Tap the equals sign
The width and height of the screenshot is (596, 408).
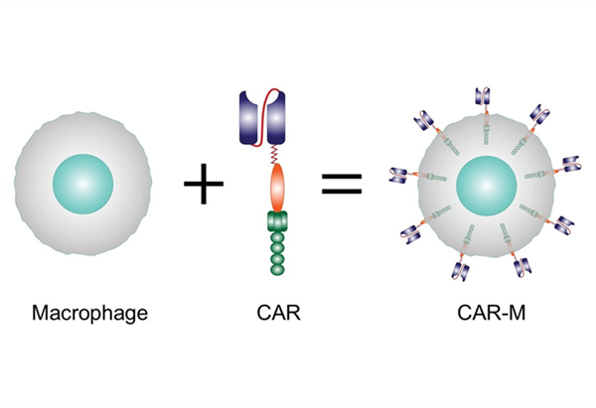tap(340, 185)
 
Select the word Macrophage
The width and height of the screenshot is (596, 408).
tap(89, 315)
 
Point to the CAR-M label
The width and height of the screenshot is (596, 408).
tap(486, 315)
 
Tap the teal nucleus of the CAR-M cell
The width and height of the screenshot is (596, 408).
tap(486, 184)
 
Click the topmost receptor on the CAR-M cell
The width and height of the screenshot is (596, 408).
tap(485, 96)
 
